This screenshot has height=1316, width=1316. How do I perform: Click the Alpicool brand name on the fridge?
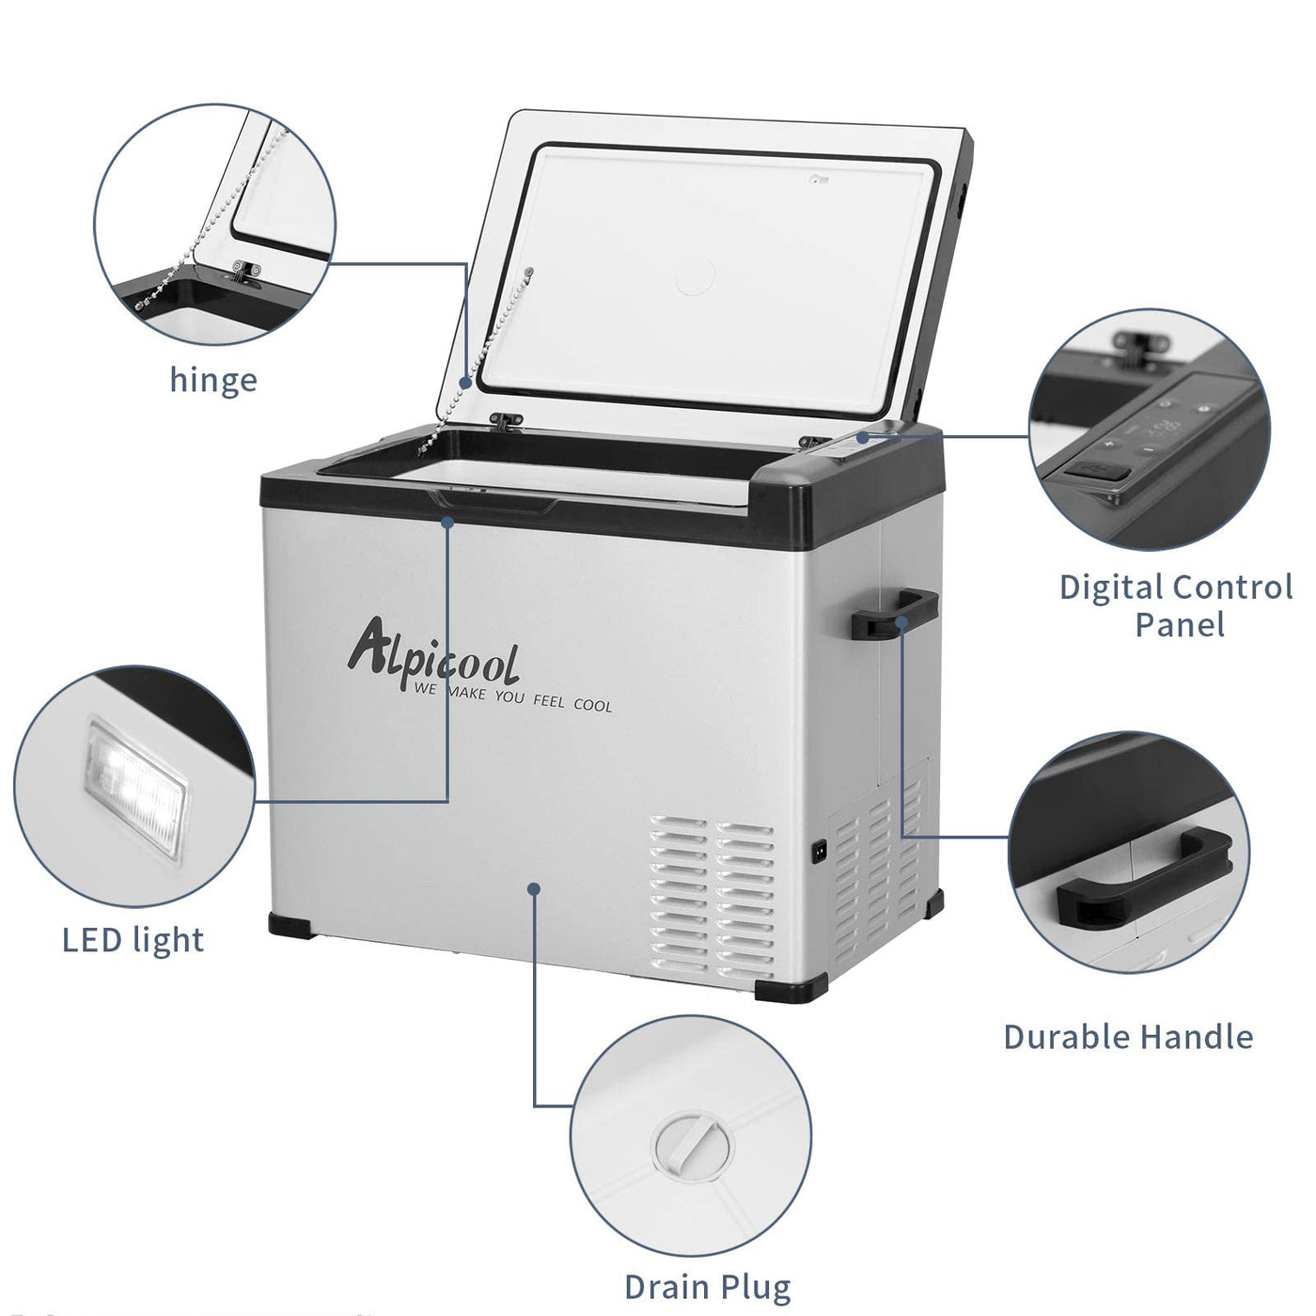tap(433, 653)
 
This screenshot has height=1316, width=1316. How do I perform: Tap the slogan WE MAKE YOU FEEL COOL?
tap(513, 698)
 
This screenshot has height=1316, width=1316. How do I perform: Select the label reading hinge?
tap(213, 381)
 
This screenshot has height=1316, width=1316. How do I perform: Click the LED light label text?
tap(133, 940)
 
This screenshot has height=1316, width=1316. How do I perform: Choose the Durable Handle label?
tap(1128, 1036)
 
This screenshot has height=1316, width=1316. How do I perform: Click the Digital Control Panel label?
tap(1176, 605)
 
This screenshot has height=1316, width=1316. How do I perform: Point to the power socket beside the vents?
tap(819, 852)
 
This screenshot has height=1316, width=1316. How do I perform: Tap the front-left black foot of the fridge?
tap(290, 925)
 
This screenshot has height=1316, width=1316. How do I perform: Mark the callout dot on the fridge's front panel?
tap(534, 887)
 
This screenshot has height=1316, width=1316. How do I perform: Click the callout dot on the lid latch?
tap(447, 522)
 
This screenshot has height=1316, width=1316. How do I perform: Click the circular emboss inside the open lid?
tap(695, 275)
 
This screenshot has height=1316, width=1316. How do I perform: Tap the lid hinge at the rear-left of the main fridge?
tap(506, 420)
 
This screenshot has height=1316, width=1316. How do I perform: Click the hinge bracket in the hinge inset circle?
tap(245, 271)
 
